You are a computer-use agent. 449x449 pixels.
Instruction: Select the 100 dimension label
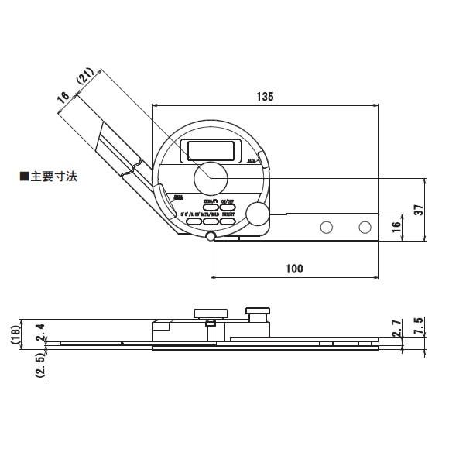point(294,269)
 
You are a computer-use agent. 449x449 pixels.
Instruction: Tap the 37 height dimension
point(417,209)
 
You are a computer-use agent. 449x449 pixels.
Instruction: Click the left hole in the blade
point(327,227)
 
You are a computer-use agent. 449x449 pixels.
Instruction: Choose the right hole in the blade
point(365,227)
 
